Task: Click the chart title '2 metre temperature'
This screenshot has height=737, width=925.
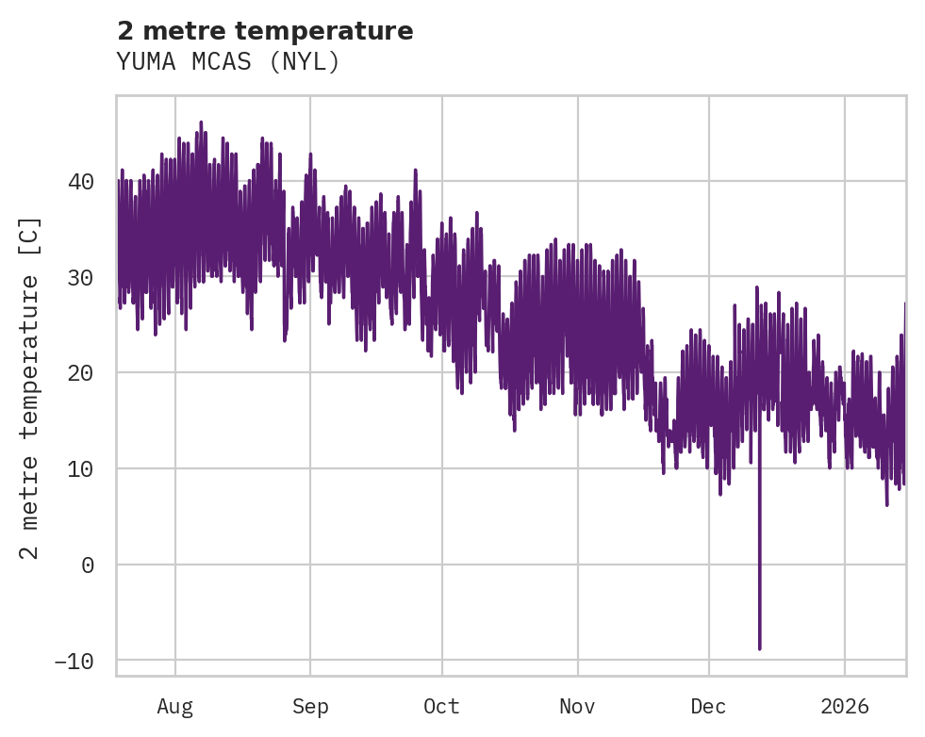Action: point(265,31)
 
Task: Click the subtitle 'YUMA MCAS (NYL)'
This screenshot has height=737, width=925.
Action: point(227,61)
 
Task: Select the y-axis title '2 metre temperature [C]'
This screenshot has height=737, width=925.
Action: point(30,387)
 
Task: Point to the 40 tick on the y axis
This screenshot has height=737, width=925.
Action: point(82,181)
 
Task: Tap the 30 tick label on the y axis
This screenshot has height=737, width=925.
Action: point(82,277)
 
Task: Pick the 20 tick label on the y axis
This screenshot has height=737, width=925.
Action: point(82,373)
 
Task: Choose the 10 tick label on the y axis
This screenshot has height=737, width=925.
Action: point(82,468)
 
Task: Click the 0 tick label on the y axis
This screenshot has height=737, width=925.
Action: point(88,565)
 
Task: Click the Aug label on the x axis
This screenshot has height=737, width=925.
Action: point(175,706)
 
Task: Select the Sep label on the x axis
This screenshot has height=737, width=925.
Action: point(310,706)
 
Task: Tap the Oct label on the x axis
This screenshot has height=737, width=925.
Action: point(441,706)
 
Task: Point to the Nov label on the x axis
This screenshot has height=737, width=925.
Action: point(577,706)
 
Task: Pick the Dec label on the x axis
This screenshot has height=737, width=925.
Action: point(708,706)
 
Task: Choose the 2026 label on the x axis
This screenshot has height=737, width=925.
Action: point(844,706)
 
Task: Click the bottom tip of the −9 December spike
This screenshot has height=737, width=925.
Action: point(759,649)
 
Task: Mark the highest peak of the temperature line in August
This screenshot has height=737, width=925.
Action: point(201,122)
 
